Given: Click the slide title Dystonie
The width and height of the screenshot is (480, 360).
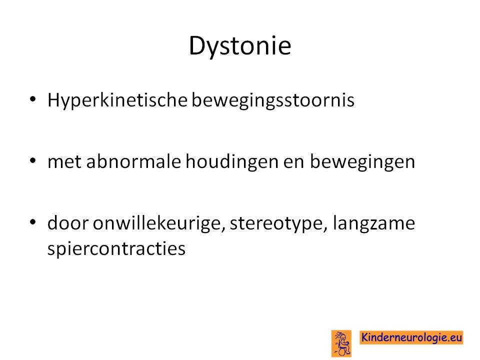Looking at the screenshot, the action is tap(240, 46).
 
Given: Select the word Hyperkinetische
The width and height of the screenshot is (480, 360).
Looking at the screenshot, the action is tap(117, 100).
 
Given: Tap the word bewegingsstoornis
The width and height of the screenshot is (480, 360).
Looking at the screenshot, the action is tap(273, 100).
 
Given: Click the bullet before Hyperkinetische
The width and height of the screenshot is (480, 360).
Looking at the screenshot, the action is tap(33, 99).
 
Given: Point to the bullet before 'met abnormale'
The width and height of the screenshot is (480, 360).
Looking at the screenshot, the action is tap(33, 160).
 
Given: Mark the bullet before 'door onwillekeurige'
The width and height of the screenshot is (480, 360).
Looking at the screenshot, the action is tap(33, 222).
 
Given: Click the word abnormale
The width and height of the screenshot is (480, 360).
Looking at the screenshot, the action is tap(133, 161).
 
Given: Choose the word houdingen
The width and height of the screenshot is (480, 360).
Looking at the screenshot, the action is tap(232, 162).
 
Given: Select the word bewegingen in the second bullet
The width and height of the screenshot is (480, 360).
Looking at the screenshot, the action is tap(362, 162).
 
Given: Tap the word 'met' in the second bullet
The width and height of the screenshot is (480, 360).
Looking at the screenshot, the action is tap(64, 162).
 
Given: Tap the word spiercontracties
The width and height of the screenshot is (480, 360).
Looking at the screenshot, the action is tap(116, 248).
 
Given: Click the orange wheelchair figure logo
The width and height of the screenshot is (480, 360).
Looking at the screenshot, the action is tap(341, 343).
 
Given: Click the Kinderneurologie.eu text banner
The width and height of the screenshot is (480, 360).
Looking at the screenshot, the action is tap(411, 337).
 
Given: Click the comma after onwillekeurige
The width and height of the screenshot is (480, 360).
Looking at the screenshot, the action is tap(223, 229).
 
